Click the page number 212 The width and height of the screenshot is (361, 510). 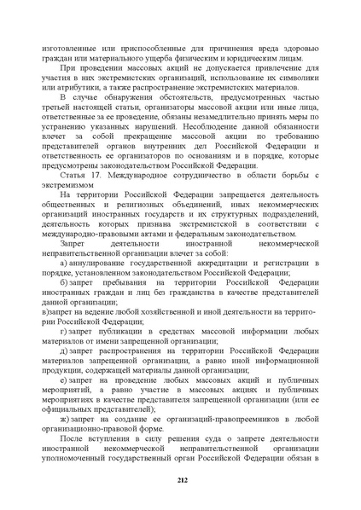(181, 480)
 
